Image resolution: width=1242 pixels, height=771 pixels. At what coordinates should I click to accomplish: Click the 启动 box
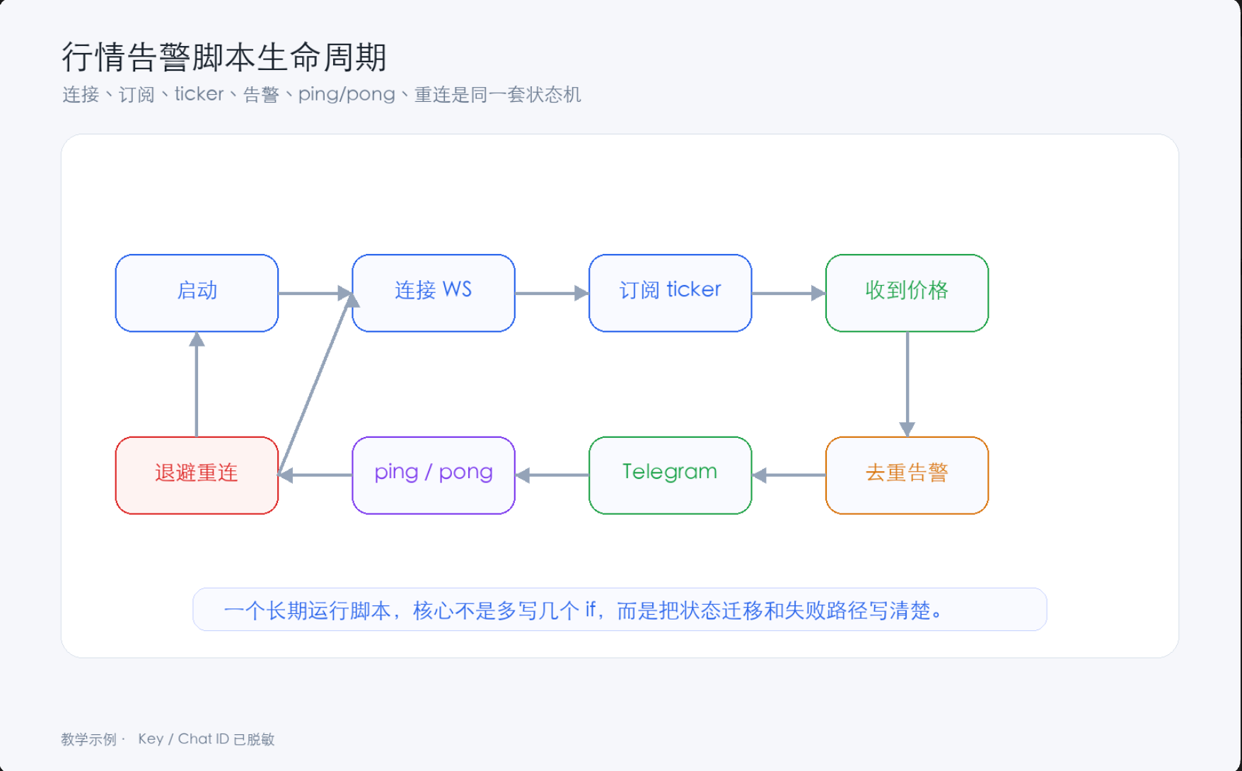197,293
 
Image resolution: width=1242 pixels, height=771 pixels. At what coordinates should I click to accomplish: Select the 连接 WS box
434,293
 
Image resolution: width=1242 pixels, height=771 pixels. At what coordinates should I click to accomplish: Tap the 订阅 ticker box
671,293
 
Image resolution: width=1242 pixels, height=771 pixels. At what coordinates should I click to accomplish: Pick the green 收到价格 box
907,293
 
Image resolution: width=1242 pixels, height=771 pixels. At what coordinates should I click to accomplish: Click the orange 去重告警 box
907,475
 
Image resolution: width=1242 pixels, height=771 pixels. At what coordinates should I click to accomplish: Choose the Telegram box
671,475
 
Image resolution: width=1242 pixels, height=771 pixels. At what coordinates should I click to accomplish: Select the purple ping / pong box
434,475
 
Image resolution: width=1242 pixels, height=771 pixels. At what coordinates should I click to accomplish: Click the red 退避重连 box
197,475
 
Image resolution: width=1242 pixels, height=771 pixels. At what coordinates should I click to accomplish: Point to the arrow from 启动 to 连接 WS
315,293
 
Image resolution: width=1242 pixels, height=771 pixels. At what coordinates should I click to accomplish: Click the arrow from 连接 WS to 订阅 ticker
552,293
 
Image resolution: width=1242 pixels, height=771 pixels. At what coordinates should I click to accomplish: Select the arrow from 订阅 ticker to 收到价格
789,293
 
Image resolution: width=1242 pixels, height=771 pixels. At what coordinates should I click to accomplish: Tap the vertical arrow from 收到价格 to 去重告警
907,384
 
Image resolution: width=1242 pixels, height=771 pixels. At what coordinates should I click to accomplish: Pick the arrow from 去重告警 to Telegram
789,475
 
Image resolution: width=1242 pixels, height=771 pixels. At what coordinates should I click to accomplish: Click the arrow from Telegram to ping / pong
552,475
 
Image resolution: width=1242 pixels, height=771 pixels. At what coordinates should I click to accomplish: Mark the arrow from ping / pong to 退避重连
315,475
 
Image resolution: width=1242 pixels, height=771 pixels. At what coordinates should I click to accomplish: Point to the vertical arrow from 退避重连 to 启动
197,384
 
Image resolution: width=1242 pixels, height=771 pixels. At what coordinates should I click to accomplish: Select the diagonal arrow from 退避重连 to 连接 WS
315,384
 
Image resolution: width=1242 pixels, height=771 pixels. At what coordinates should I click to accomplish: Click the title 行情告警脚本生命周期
224,57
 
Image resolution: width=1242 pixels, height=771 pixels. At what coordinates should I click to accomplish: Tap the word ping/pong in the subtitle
347,94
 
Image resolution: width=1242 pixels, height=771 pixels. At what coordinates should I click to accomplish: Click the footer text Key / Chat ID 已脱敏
206,739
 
